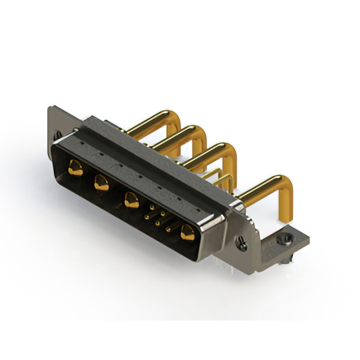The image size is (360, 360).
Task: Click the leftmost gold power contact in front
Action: click(74, 166)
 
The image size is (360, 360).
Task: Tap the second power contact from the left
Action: click(101, 182)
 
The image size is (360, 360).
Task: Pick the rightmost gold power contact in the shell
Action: click(187, 232)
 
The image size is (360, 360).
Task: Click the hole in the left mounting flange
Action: click(57, 135)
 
